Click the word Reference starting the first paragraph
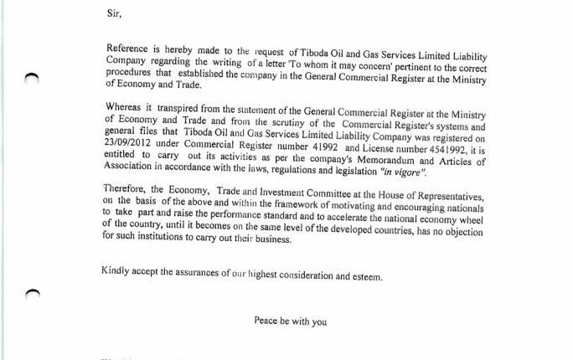pyautogui.click(x=132, y=50)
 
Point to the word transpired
pyautogui.click(x=176, y=108)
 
